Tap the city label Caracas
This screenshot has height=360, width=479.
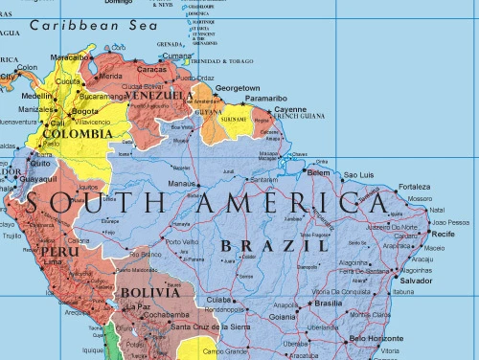pyautogui.click(x=152, y=69)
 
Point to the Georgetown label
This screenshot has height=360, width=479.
pyautogui.click(x=238, y=87)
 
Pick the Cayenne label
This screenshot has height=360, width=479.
pyautogui.click(x=290, y=109)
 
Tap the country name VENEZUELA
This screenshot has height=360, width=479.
pyautogui.click(x=159, y=96)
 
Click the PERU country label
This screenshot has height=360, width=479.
pyautogui.click(x=58, y=252)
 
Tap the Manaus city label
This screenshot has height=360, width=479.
pyautogui.click(x=182, y=183)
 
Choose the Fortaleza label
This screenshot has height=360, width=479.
pyautogui.click(x=415, y=186)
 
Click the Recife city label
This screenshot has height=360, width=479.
pyautogui.click(x=443, y=234)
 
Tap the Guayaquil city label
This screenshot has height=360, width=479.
pyautogui.click(x=38, y=178)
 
